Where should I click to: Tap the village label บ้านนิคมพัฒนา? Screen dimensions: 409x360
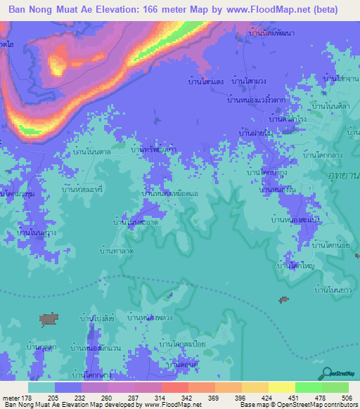(272, 33)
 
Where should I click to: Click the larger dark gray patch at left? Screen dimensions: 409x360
(49, 320)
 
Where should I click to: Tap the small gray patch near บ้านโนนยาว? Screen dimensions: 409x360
(283, 300)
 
